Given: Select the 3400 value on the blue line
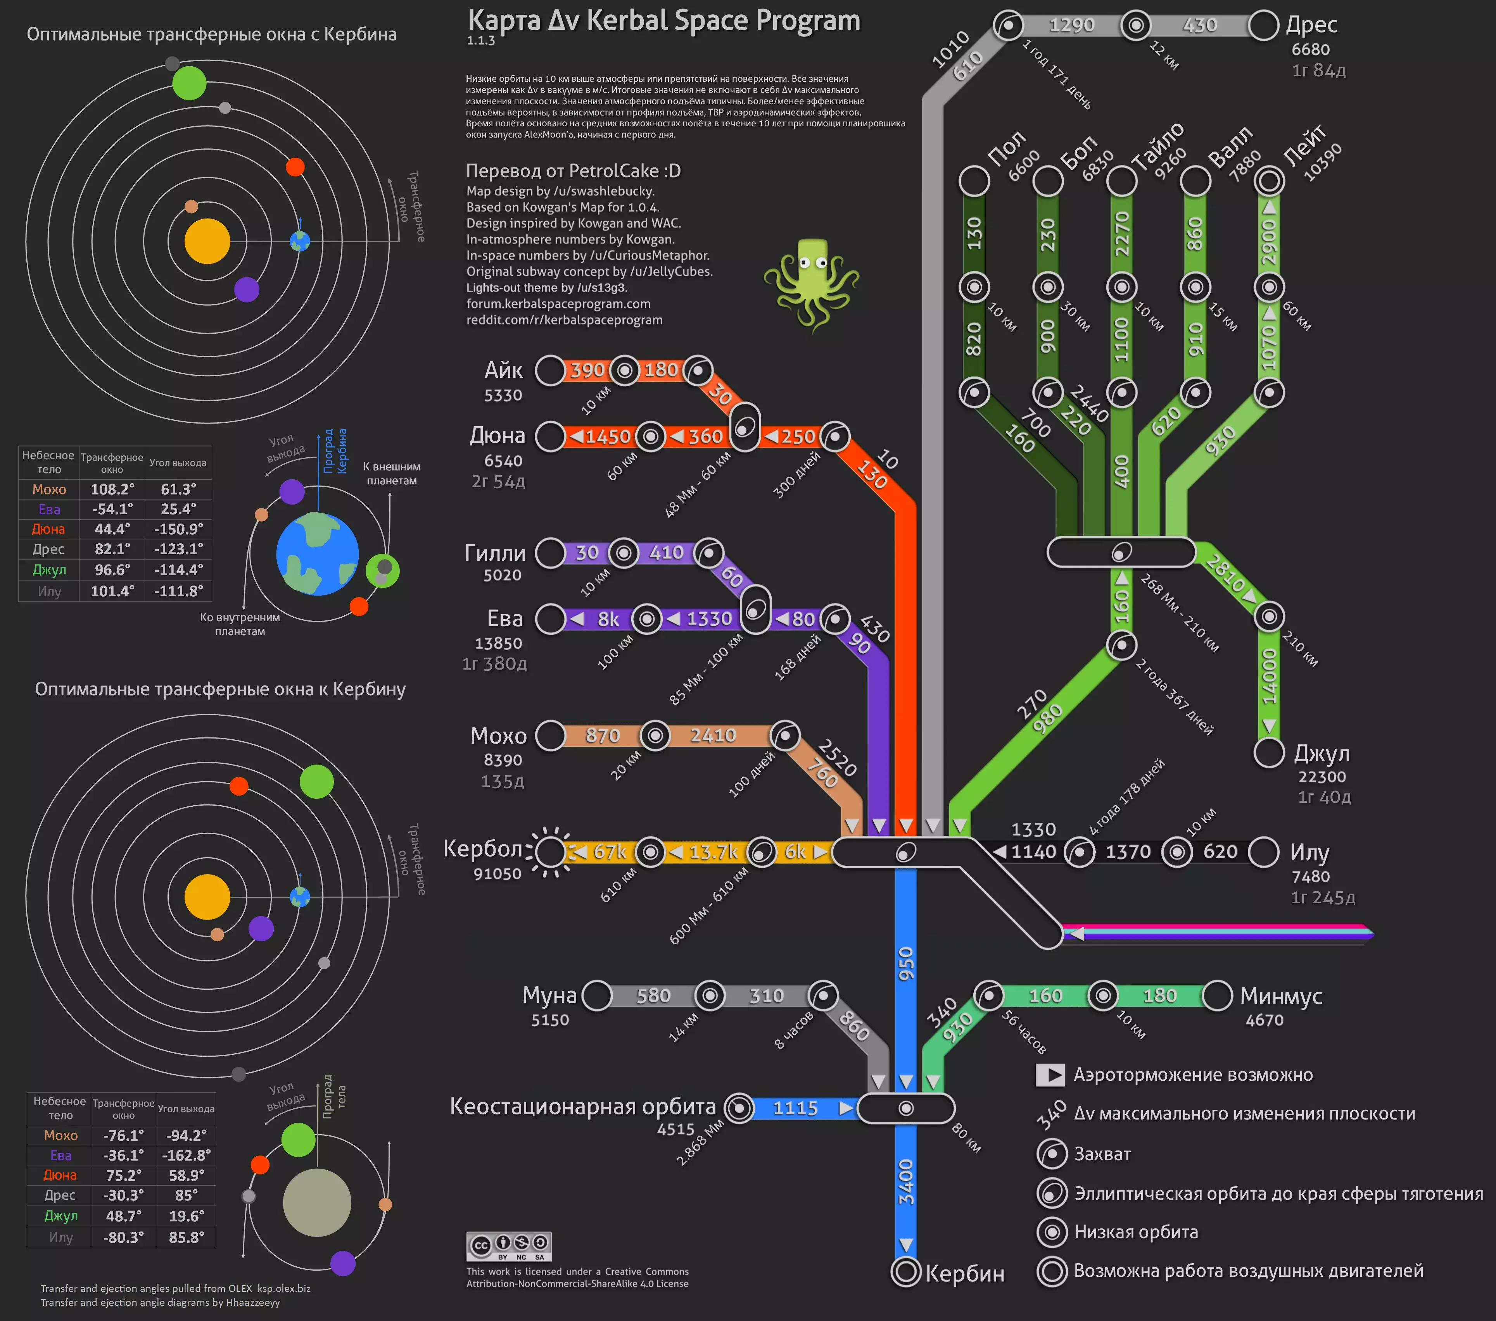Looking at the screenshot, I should pos(906,1181).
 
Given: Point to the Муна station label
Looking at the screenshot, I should pos(549,995).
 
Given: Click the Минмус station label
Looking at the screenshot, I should pos(1281,996).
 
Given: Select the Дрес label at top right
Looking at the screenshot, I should pos(1311,25).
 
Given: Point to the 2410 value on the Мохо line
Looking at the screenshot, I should pos(712,735).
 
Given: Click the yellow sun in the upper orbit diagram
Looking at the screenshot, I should pos(207,241).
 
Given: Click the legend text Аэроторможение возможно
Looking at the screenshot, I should pos(1193,1075).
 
